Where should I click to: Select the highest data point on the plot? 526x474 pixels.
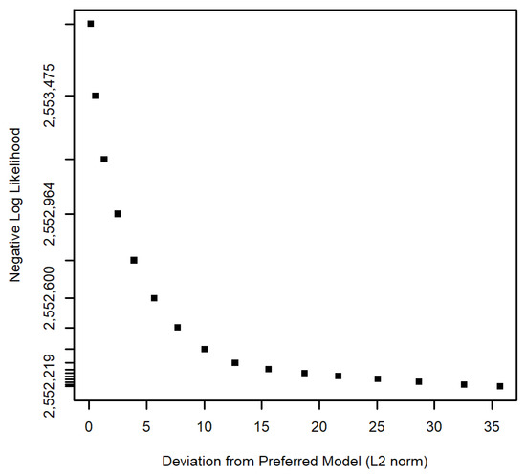pyautogui.click(x=91, y=24)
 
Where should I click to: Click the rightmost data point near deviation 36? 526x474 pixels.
pyautogui.click(x=500, y=386)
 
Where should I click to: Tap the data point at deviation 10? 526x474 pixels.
pyautogui.click(x=205, y=349)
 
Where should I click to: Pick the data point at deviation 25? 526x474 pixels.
pyautogui.click(x=378, y=378)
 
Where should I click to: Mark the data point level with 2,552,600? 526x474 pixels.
pyautogui.click(x=154, y=298)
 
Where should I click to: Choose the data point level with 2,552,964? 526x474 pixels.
pyautogui.click(x=118, y=214)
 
